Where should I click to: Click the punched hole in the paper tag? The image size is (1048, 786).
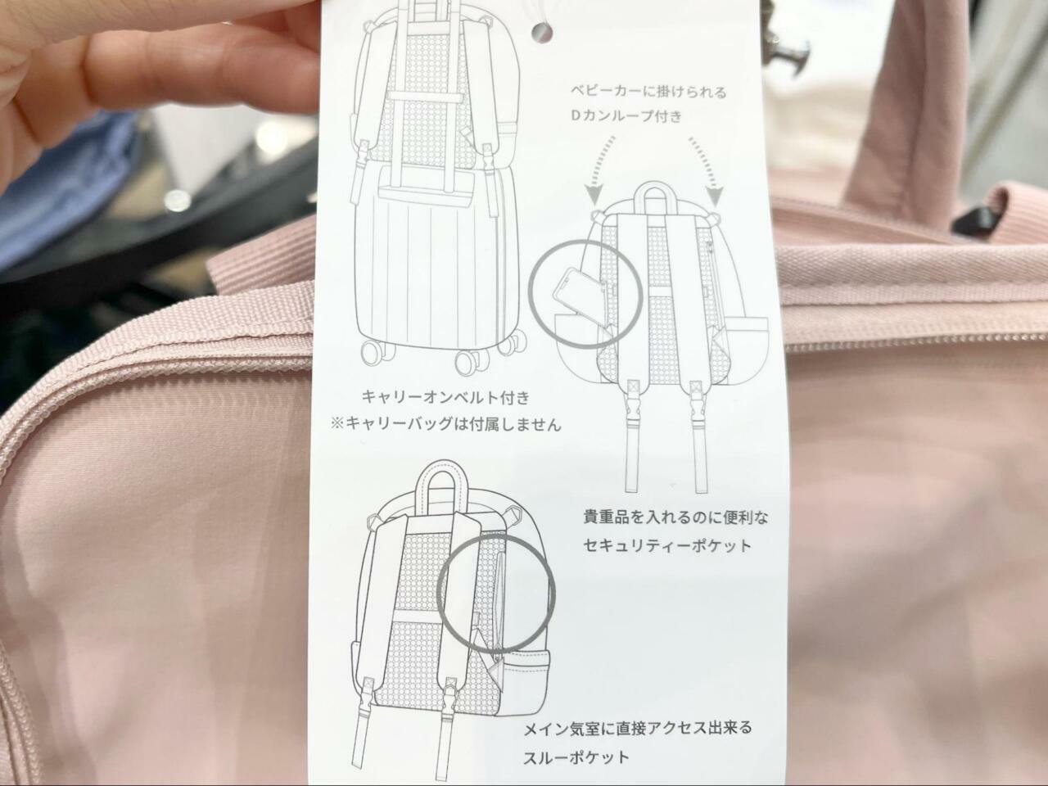point(542,33)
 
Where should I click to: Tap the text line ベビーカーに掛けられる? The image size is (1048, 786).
point(648,92)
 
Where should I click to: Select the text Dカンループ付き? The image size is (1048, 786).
point(626,116)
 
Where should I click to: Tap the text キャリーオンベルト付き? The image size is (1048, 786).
point(445,398)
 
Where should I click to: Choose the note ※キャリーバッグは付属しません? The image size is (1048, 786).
point(445,424)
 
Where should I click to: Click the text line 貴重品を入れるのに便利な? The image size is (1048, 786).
point(675,517)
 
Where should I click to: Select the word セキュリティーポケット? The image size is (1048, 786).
point(667,545)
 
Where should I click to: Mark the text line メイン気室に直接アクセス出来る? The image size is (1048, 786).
point(638,728)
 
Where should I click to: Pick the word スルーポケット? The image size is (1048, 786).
point(576,757)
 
